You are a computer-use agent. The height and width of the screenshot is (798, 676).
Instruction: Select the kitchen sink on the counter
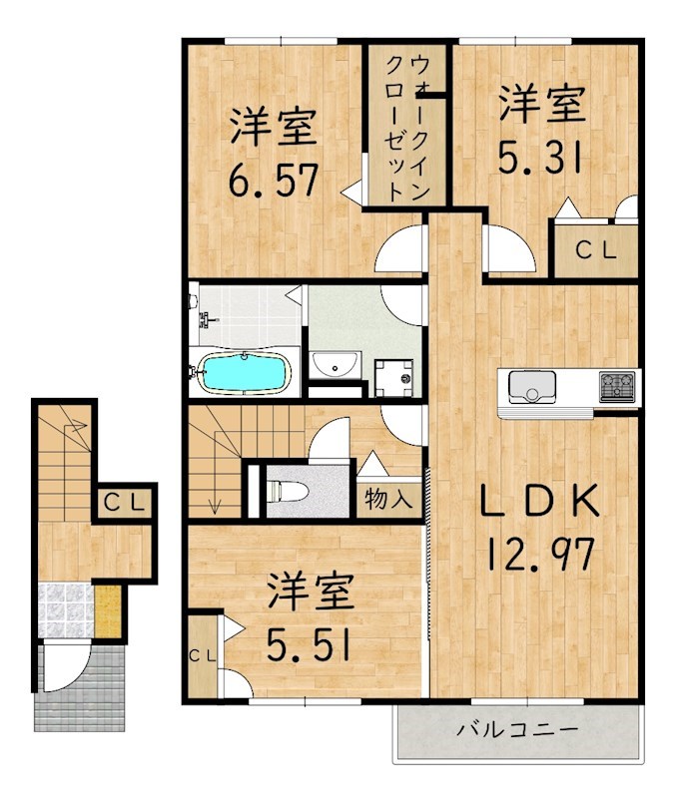click(x=532, y=385)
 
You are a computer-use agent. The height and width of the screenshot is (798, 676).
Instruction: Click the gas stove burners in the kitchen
click(x=616, y=384)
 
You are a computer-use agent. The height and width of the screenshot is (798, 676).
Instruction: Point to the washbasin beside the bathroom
click(x=336, y=365)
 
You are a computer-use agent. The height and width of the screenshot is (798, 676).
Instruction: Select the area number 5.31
click(x=540, y=159)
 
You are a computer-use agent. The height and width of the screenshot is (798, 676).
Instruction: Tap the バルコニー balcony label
click(x=506, y=730)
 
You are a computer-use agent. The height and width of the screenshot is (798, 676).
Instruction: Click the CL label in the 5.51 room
click(x=201, y=655)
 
